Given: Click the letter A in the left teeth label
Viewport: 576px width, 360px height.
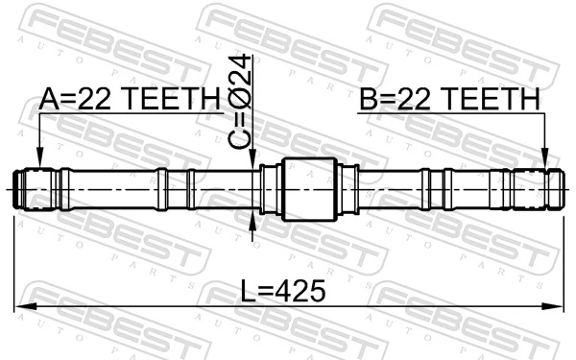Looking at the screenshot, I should point(49,98).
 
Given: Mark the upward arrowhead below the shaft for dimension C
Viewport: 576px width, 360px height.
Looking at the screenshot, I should point(253,222).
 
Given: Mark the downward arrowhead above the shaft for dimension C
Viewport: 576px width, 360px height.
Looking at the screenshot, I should point(253,160).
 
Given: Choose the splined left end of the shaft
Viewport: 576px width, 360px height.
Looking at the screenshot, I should point(35,188).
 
